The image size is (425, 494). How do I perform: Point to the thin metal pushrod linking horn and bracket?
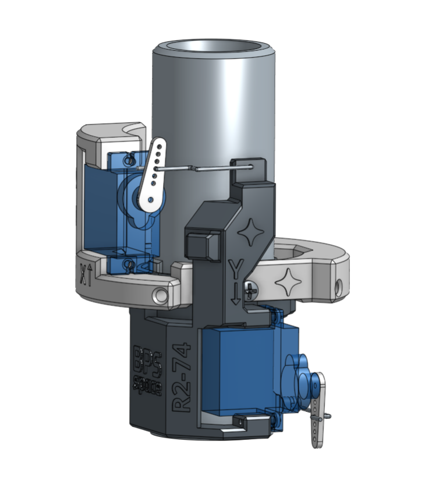point(204,168)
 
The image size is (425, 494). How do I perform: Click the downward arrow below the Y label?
point(235,291)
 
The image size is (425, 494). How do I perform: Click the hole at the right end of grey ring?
point(339,286)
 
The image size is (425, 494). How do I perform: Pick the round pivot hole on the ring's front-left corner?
point(160,295)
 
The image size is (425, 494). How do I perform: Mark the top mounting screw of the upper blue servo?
point(130,159)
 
